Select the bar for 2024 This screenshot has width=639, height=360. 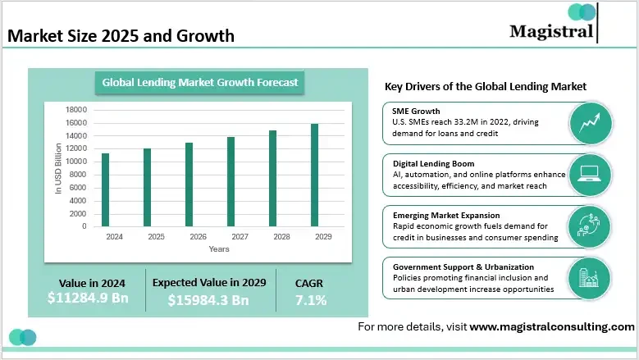(105, 189)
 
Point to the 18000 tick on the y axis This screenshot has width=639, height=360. (76, 110)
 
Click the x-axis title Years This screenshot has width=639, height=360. (219, 248)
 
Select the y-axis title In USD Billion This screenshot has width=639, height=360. (58, 169)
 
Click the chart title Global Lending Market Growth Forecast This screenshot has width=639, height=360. (199, 82)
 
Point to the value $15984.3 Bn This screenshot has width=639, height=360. (208, 300)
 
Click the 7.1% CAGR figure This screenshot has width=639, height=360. (310, 300)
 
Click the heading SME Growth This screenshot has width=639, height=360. (417, 111)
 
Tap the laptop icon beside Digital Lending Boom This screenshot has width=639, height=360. (590, 173)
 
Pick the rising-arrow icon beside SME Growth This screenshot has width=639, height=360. (590, 122)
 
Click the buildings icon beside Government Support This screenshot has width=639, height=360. (590, 277)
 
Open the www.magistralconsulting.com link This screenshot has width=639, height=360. (551, 326)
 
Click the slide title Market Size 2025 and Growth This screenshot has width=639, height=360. (121, 36)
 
